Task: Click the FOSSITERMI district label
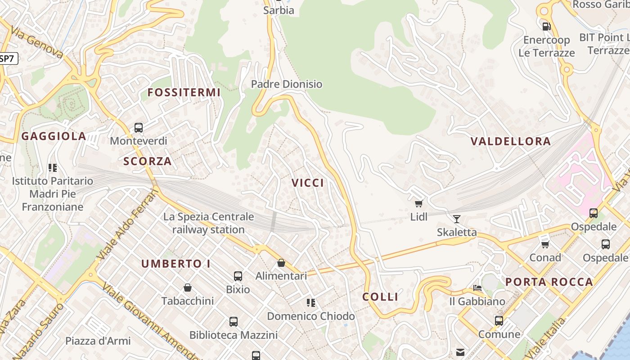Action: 184,93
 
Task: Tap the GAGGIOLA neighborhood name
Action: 54,136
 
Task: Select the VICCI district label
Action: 308,183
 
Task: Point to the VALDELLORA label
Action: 510,141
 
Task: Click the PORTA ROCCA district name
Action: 549,282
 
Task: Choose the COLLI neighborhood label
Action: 380,297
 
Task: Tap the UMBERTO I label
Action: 175,264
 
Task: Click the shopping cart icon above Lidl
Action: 419,203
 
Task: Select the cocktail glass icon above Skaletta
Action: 457,219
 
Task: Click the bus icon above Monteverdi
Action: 139,128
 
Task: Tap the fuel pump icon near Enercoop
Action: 547,26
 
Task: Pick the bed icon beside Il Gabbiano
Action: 477,288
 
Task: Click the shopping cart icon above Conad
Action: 545,244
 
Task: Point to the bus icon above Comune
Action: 499,321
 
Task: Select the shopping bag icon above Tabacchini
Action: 188,288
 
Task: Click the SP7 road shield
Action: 7,58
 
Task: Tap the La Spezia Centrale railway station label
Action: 208,223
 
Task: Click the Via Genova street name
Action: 37,44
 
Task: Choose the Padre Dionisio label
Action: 287,84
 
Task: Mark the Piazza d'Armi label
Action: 98,341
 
